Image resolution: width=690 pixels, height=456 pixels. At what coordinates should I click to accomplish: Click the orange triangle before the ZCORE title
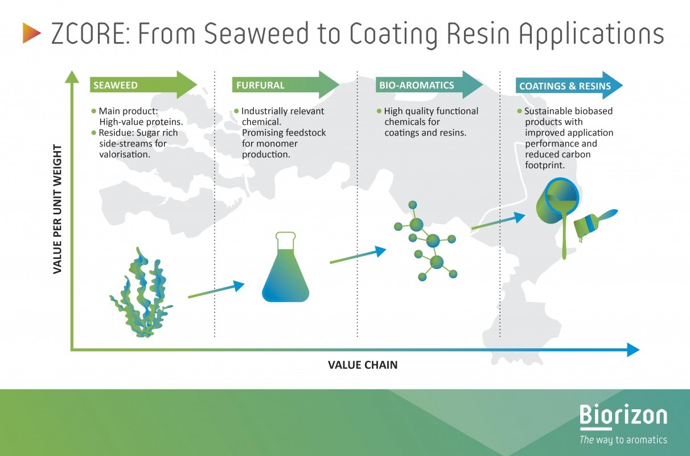pyautogui.click(x=31, y=33)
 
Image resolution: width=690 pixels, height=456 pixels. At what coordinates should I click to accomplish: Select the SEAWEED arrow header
pyautogui.click(x=143, y=85)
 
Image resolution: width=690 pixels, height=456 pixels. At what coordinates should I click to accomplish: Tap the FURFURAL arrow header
pyautogui.click(x=286, y=85)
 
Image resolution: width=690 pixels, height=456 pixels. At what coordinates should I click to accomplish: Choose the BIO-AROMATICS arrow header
pyautogui.click(x=429, y=85)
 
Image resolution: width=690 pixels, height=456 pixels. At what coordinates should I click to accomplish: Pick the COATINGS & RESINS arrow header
pyautogui.click(x=569, y=85)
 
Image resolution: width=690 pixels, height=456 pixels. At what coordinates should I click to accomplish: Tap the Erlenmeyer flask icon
pyautogui.click(x=285, y=267)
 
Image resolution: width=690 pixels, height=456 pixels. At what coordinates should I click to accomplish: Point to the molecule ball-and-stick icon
pyautogui.click(x=425, y=241)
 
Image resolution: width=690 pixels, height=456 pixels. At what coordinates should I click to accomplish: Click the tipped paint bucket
pyautogui.click(x=558, y=216)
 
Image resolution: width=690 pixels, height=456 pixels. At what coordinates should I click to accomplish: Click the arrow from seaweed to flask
pyautogui.click(x=216, y=289)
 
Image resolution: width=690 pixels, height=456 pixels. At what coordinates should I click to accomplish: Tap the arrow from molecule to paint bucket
pyautogui.click(x=498, y=221)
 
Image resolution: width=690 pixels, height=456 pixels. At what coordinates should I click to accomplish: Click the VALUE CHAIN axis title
pyautogui.click(x=363, y=365)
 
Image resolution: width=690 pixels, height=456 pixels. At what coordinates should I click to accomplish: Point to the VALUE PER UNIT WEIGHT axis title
pyautogui.click(x=57, y=209)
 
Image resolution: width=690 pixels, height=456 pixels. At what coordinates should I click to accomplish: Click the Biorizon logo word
pyautogui.click(x=623, y=415)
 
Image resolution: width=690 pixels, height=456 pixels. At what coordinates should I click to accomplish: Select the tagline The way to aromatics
pyautogui.click(x=623, y=439)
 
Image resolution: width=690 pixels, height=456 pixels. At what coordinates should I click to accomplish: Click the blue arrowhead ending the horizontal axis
pyautogui.click(x=633, y=349)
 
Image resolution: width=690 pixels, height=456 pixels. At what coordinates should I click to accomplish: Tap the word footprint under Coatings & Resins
pyautogui.click(x=545, y=165)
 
